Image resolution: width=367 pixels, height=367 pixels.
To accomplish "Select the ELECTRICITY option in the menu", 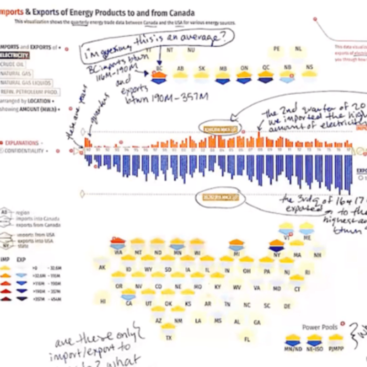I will click(x=14, y=55).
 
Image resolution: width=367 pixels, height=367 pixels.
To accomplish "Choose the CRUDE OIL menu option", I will click(x=12, y=64).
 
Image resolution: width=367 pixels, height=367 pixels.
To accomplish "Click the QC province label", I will click(x=266, y=68).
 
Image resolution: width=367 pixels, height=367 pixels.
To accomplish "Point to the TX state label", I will click(x=169, y=338).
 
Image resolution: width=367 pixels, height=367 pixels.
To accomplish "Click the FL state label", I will click(x=247, y=339).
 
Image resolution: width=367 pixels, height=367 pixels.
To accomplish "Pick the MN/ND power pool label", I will click(x=293, y=349).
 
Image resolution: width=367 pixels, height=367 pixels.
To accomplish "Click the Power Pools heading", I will click(x=320, y=327).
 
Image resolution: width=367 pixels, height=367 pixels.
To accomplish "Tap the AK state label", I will click(x=102, y=267).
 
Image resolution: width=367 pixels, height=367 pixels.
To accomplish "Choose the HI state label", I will click(x=103, y=301).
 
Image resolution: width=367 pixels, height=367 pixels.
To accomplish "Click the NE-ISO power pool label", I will click(x=315, y=349).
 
